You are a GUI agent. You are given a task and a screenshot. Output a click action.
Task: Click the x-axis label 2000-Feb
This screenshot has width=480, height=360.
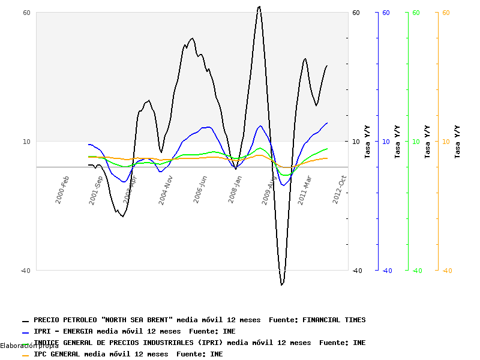coord(62,189)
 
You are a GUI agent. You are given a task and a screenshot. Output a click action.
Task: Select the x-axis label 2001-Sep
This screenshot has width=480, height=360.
coord(96,190)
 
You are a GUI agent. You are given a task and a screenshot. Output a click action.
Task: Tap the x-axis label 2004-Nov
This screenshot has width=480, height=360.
coord(166,190)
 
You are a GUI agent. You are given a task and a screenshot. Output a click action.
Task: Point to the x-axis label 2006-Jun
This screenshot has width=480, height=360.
coord(200,189)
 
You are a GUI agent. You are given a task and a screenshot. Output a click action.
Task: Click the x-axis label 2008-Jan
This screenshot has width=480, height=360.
coord(235,189)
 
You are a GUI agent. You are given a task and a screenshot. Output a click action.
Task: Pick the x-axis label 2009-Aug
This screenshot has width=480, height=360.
coord(269,190)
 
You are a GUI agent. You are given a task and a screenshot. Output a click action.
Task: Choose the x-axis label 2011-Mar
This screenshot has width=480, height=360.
coord(304,189)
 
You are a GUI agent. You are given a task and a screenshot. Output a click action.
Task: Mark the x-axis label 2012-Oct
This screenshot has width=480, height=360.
coord(340,189)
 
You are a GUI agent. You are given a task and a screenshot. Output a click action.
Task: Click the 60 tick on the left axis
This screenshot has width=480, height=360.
coord(26,13)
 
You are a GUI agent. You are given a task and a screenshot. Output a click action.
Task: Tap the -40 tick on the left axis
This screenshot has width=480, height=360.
coord(25,271)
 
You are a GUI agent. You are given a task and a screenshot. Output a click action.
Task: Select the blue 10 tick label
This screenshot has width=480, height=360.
coord(386,142)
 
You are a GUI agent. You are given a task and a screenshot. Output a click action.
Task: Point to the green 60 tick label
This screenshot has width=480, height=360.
coord(416,13)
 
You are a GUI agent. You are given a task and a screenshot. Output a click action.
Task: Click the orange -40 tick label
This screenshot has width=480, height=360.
coord(446,271)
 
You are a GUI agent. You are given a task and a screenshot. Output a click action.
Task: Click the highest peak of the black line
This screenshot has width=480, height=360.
coord(259,7)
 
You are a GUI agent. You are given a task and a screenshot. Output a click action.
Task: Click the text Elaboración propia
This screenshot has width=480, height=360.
coord(29,346)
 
